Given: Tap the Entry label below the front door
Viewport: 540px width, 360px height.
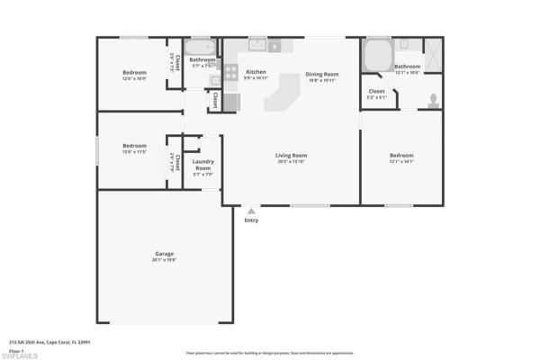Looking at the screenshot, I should click(x=251, y=220).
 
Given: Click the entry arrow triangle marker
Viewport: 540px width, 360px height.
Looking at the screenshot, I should click(x=251, y=211).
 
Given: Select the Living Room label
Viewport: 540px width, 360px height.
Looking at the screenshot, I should click(x=292, y=156).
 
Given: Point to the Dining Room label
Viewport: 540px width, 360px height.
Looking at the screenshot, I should click(x=321, y=74).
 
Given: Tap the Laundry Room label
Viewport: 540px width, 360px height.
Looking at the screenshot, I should click(x=203, y=166).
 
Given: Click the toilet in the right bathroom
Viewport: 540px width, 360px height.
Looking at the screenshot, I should click(x=434, y=100).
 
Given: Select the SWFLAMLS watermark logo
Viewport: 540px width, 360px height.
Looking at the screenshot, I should click(x=19, y=354).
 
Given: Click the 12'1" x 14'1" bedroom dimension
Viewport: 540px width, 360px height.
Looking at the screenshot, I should click(x=401, y=161).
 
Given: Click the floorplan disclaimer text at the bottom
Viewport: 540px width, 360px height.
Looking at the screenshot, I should click(x=269, y=354).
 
